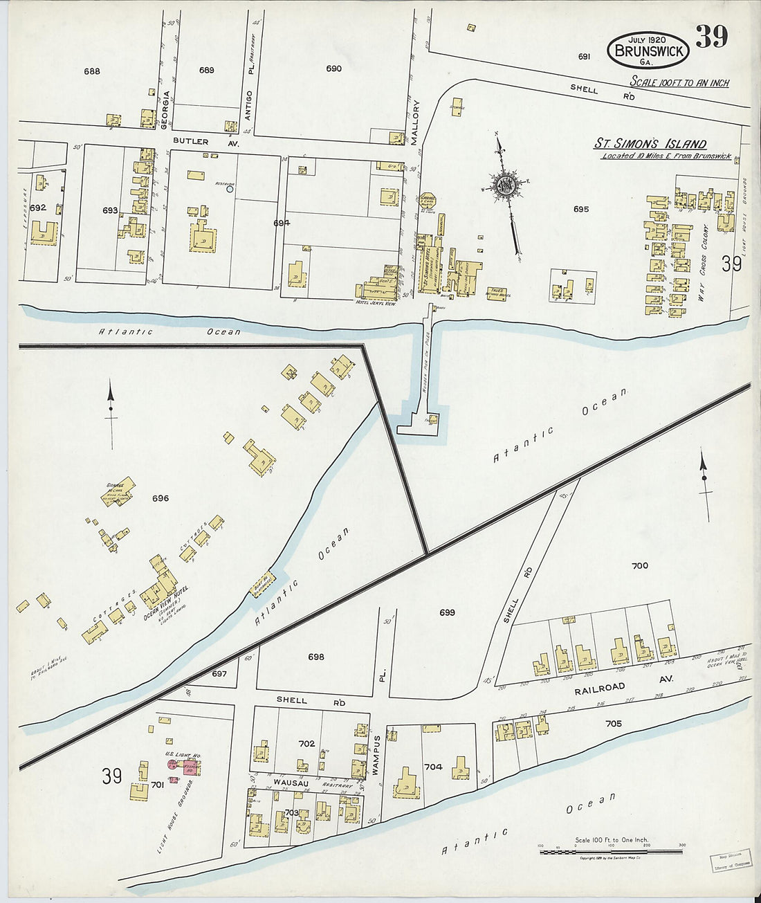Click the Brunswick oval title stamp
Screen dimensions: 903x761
[648, 50]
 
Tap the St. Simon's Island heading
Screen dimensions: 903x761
[650, 144]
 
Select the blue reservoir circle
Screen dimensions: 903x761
[230, 188]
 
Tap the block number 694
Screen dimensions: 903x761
[281, 223]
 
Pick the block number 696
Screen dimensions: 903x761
[161, 498]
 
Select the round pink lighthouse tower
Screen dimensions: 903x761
[172, 765]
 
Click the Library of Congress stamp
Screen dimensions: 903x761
[730, 861]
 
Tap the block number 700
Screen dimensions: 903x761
[640, 565]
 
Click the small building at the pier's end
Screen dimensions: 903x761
[431, 419]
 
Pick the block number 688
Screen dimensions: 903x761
[92, 71]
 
